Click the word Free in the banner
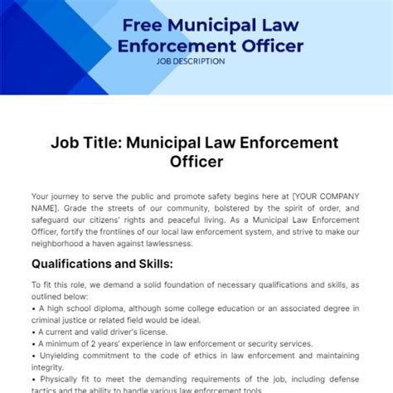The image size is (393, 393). coord(142,22)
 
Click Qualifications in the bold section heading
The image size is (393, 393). coord(73,264)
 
